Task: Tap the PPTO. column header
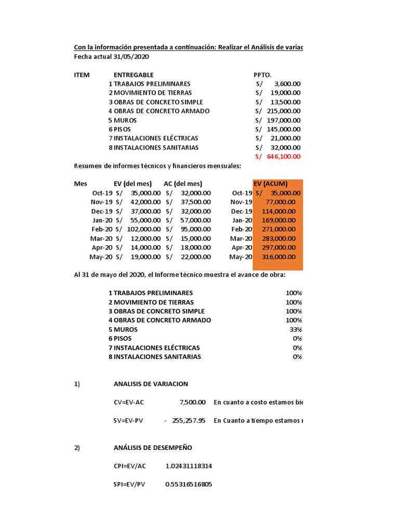pyautogui.click(x=262, y=75)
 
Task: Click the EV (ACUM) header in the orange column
pyautogui.click(x=270, y=184)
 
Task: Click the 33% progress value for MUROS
pyautogui.click(x=296, y=329)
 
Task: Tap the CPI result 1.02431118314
pyautogui.click(x=189, y=466)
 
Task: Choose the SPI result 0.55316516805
pyautogui.click(x=189, y=484)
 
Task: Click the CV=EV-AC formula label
pyautogui.click(x=128, y=402)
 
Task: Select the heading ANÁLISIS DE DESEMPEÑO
pyautogui.click(x=153, y=448)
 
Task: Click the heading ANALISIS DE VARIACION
pyautogui.click(x=151, y=384)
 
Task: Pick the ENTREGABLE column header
pyautogui.click(x=134, y=75)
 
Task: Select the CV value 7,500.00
pyautogui.click(x=193, y=402)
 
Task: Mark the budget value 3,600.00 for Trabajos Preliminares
pyautogui.click(x=287, y=84)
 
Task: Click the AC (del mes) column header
pyautogui.click(x=183, y=184)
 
